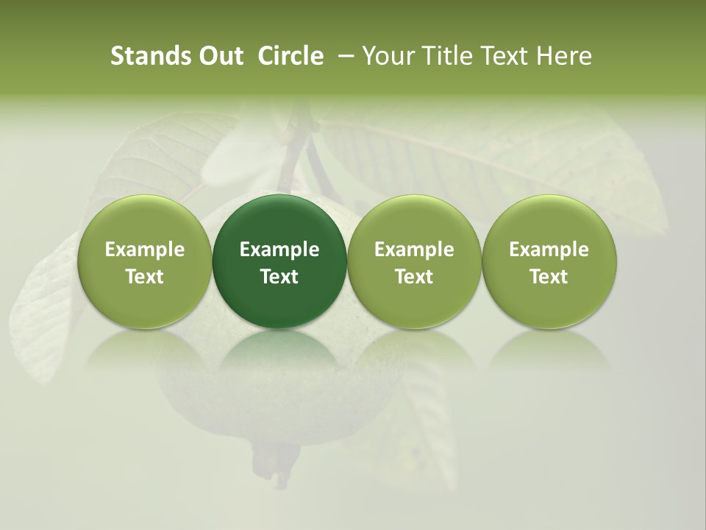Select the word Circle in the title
pos(290,56)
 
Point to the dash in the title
pos(343,56)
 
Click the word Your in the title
pos(388,56)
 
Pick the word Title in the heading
pos(446,56)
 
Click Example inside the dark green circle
pos(279,250)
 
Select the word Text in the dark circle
pos(279,277)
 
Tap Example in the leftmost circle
pos(145,250)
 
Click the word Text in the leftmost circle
pos(145,277)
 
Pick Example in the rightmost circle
pos(549,250)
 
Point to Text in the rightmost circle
pos(549,277)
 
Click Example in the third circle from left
pos(414,250)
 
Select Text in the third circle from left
pos(414,277)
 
